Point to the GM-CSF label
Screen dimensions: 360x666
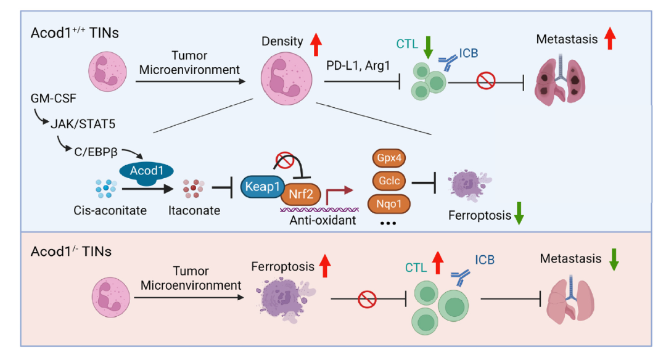(51, 99)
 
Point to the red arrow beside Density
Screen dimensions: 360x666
(316, 43)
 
